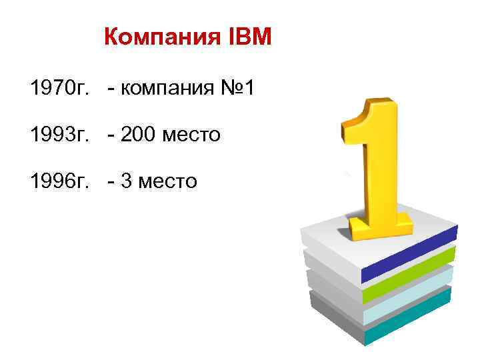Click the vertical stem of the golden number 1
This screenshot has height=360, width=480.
tap(381, 167)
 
